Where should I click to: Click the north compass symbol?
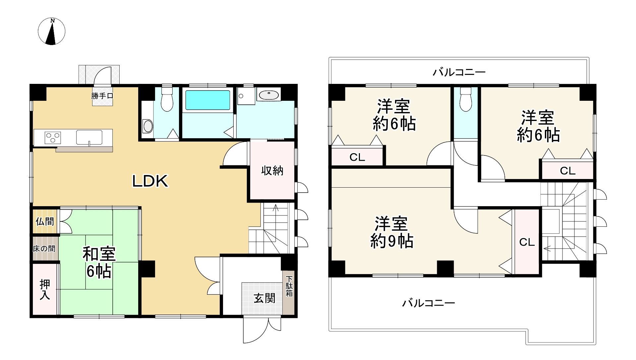coord(51,32)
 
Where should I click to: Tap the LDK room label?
coord(150,181)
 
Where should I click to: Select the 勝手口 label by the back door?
coord(102,96)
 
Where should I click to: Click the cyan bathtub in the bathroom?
coord(208,100)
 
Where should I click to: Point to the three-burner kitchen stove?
coord(53,137)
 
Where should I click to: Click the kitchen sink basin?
coord(89,137)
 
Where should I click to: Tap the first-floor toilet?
coord(167,100)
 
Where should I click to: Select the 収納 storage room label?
coord(272,171)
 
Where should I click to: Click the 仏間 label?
coord(45,221)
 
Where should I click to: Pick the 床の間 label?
coord(44,249)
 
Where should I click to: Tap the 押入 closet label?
coord(45,289)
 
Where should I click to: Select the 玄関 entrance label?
coord(264,298)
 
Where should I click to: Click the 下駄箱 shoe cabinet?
coord(289,286)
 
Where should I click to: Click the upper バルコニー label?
coord(459,72)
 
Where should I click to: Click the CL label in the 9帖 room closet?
coord(527,242)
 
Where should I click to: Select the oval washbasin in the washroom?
coord(269,95)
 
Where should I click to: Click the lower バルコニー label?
coord(428,303)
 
